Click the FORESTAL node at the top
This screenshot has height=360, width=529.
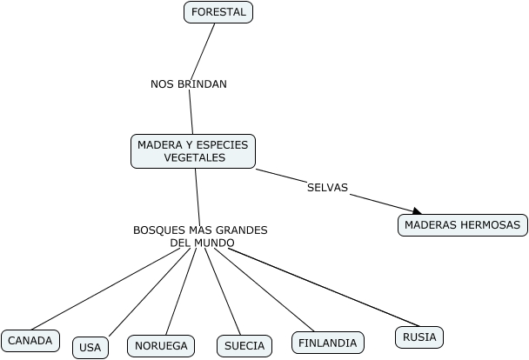tap(218, 12)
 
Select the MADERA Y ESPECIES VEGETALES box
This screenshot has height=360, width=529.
tap(194, 151)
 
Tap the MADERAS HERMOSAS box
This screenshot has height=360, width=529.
tap(463, 225)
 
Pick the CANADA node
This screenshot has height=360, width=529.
tap(30, 341)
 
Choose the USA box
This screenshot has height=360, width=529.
tap(90, 347)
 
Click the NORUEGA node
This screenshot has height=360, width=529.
tap(161, 346)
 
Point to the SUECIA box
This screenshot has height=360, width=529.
tap(244, 346)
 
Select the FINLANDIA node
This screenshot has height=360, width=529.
tap(327, 343)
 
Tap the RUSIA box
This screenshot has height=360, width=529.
tap(419, 337)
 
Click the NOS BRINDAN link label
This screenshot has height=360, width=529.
tap(188, 84)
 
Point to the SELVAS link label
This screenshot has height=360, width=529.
tap(327, 188)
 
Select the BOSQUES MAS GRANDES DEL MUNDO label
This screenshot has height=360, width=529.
tap(200, 237)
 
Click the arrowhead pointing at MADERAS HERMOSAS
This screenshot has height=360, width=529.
tap(417, 211)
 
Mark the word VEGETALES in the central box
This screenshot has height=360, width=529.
tap(194, 158)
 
